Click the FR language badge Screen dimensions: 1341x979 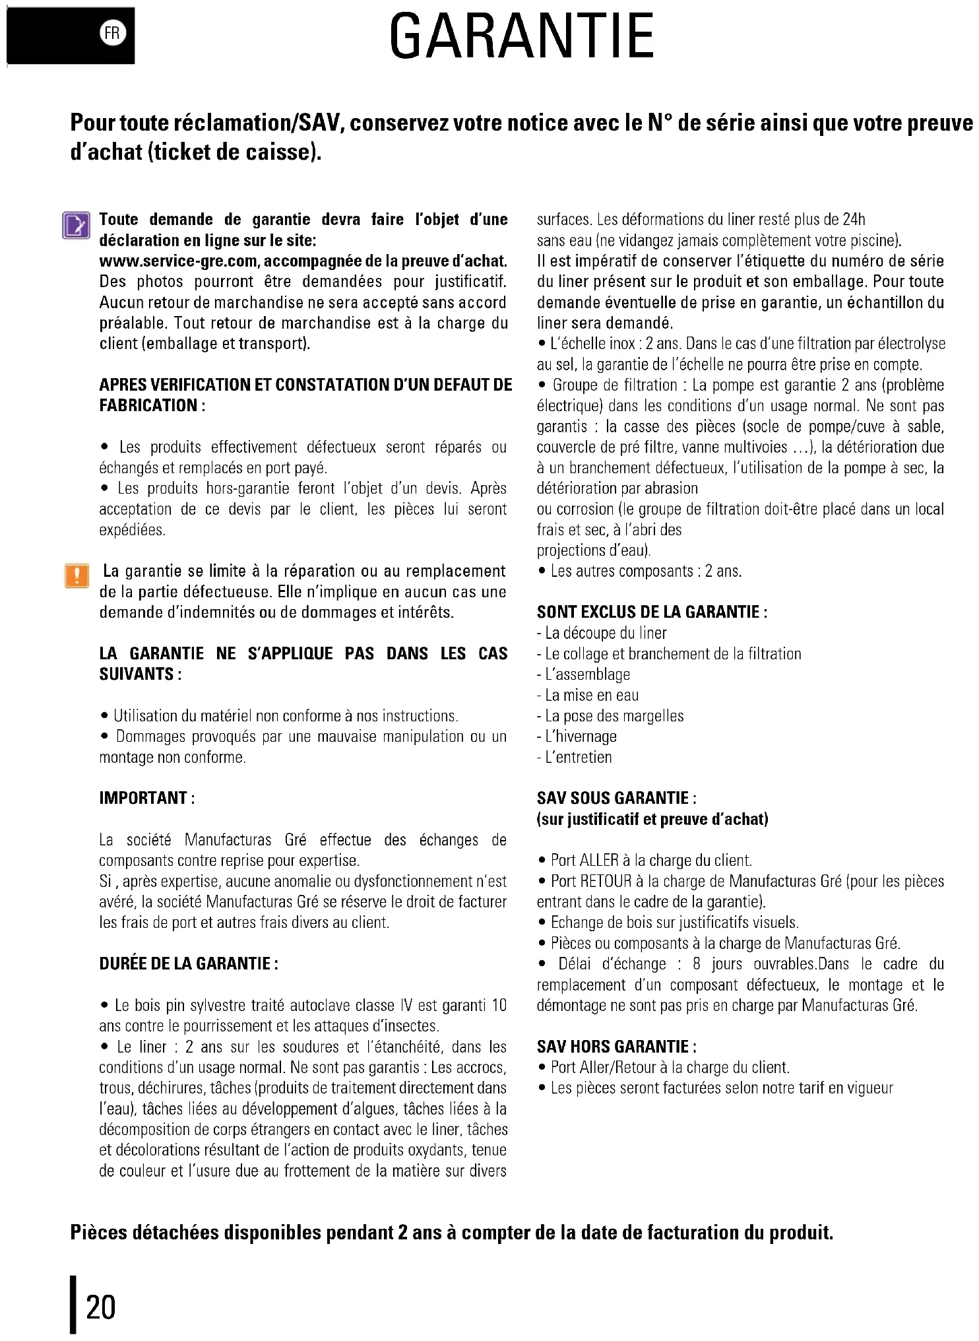point(113,34)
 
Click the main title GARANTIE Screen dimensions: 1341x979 point(521,37)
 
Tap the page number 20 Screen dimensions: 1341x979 point(100,1307)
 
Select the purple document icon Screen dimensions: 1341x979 point(77,225)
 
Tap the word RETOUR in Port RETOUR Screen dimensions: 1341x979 point(606,881)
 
